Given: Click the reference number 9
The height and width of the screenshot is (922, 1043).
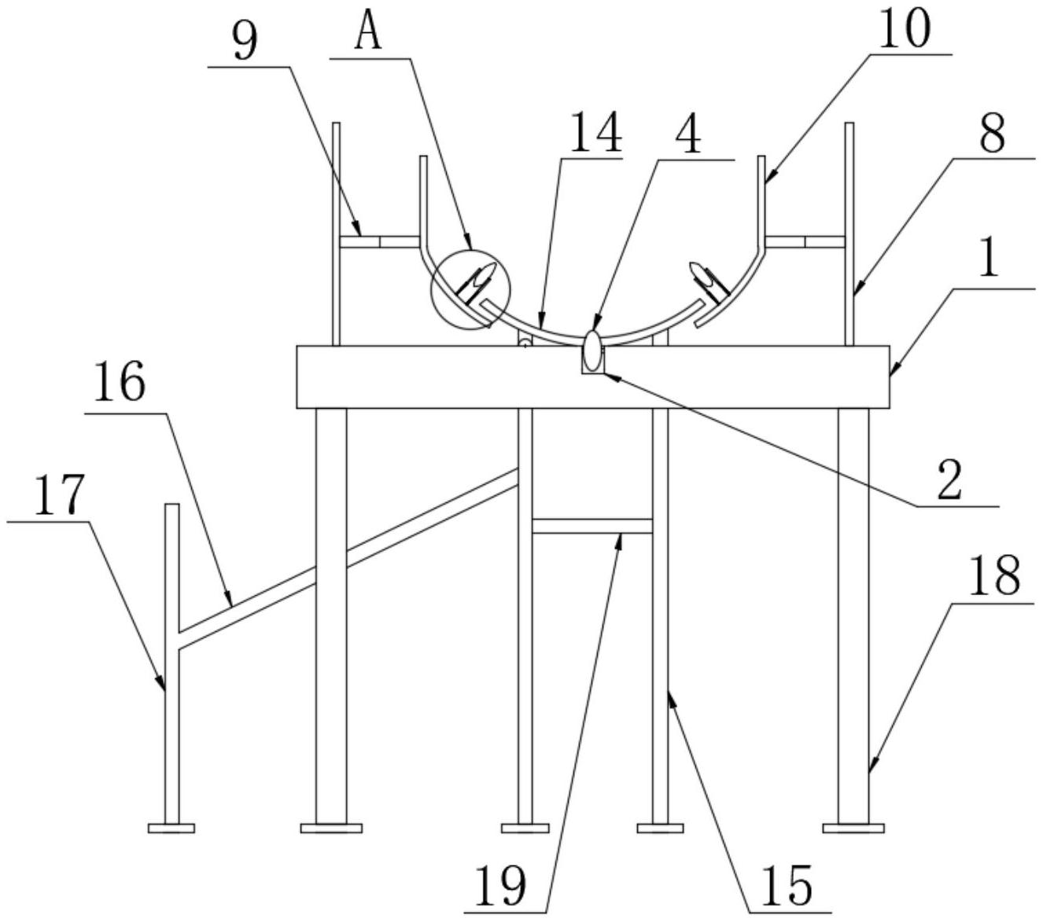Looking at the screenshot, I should [x=245, y=43].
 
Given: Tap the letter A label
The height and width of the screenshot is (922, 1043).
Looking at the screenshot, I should [x=368, y=34].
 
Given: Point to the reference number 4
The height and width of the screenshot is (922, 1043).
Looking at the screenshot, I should [x=688, y=134].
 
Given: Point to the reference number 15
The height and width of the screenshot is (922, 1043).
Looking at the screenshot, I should [x=789, y=886].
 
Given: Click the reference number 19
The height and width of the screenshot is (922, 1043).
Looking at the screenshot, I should [x=501, y=887].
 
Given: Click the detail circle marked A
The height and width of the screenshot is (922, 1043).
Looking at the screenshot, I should [x=470, y=288].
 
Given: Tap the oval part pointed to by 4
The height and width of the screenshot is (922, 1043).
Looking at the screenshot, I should [x=592, y=344].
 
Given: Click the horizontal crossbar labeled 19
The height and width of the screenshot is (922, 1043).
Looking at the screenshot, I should [x=592, y=526].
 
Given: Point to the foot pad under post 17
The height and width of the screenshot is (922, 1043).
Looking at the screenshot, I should [x=171, y=827].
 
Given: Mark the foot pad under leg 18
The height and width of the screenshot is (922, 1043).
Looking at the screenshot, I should [x=853, y=827].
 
